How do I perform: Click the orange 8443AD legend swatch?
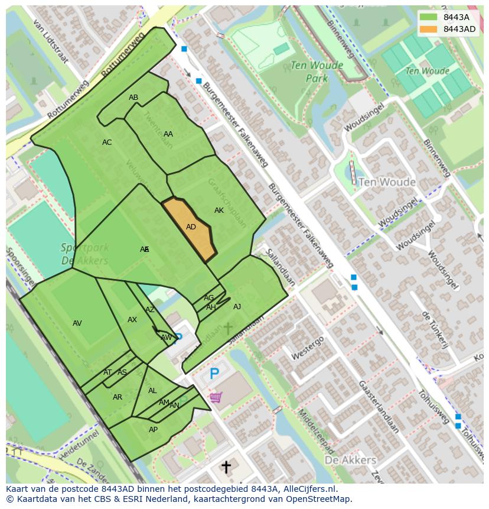click(429, 29)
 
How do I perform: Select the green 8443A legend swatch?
click(429, 17)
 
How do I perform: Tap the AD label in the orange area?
click(191, 227)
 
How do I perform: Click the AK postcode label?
click(219, 210)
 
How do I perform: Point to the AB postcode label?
click(133, 98)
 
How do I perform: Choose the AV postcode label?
click(77, 323)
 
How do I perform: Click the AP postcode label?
click(153, 430)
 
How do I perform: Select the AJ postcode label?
click(237, 307)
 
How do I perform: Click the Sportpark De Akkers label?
click(84, 254)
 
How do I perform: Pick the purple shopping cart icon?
click(216, 397)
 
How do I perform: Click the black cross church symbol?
click(226, 467)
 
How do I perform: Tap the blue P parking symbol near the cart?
click(214, 374)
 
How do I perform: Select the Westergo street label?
click(307, 348)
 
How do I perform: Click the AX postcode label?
click(132, 320)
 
